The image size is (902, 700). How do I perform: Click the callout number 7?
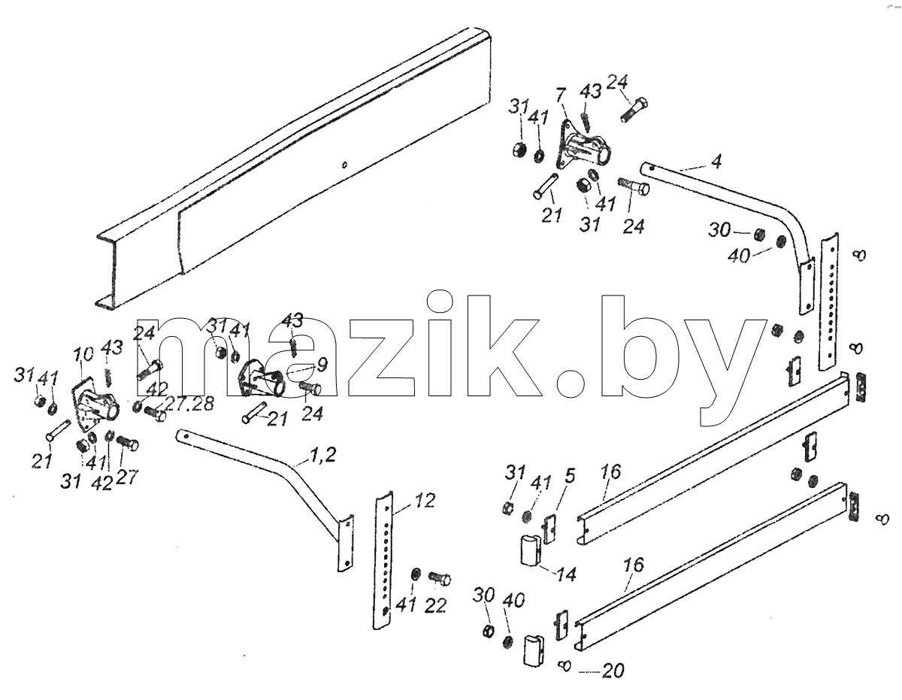pos(560,96)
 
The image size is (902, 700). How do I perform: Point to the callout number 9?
pos(322,364)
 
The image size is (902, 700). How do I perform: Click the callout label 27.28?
pos(189,403)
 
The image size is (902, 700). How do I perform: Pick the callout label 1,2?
pos(322,456)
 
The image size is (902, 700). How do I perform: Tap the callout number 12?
pos(424,501)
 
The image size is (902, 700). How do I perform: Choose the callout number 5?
pos(570,476)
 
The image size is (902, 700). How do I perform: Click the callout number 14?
pos(566,574)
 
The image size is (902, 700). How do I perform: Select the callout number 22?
pos(435,607)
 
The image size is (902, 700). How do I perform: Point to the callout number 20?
pos(613,671)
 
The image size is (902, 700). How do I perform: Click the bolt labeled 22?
pos(439,578)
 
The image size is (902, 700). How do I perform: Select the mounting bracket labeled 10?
pos(95,404)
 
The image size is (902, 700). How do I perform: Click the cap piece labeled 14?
pos(531,550)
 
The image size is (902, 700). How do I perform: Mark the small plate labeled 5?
pos(549,528)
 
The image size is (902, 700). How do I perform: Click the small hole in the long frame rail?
pos(344,165)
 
